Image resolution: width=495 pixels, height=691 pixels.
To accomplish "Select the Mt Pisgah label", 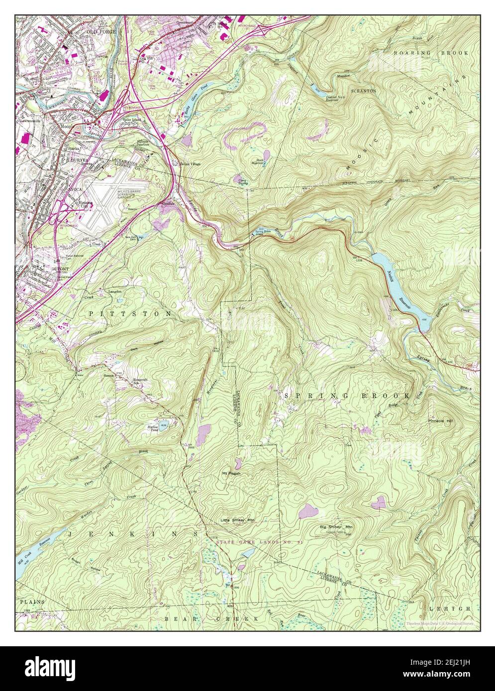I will click(231, 474).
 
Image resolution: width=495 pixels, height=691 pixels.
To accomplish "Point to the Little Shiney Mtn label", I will click(237, 520).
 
